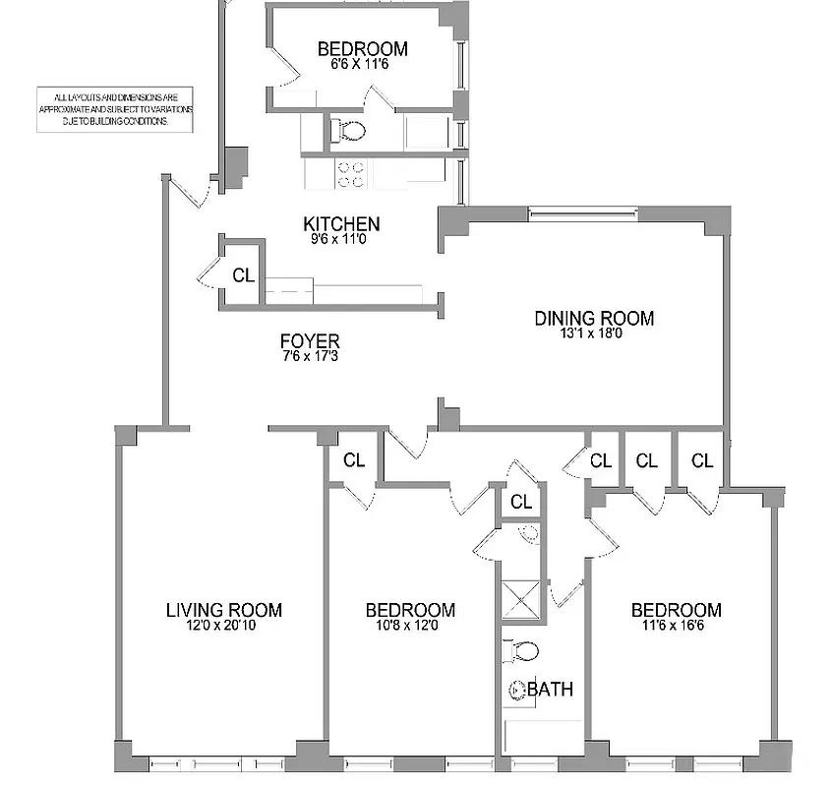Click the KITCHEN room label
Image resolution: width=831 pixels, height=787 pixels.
tap(341, 224)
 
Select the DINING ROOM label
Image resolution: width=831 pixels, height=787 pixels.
tap(594, 318)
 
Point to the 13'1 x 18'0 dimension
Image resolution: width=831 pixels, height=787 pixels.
tap(594, 333)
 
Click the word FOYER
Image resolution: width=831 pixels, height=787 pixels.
tap(309, 341)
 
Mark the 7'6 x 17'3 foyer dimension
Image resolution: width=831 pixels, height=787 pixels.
tap(309, 355)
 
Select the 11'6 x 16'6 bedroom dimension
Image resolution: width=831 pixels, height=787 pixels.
tap(676, 624)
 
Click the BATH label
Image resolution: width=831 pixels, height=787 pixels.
tap(551, 689)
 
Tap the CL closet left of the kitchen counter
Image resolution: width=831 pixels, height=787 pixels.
tap(243, 274)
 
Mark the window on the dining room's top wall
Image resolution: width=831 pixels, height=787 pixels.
tap(583, 212)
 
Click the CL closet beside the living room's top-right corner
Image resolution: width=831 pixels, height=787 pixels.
tap(354, 459)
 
